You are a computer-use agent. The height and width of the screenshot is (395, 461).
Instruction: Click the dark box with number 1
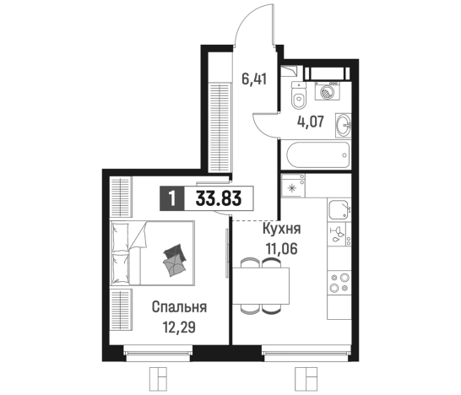coord(171,199)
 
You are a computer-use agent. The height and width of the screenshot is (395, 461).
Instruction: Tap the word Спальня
coord(179,306)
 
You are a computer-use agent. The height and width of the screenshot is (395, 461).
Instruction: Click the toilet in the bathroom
coord(298,97)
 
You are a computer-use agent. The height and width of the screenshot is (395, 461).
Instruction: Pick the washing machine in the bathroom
coord(328,92)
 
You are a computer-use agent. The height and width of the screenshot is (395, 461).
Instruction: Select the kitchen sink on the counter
coord(340,210)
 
